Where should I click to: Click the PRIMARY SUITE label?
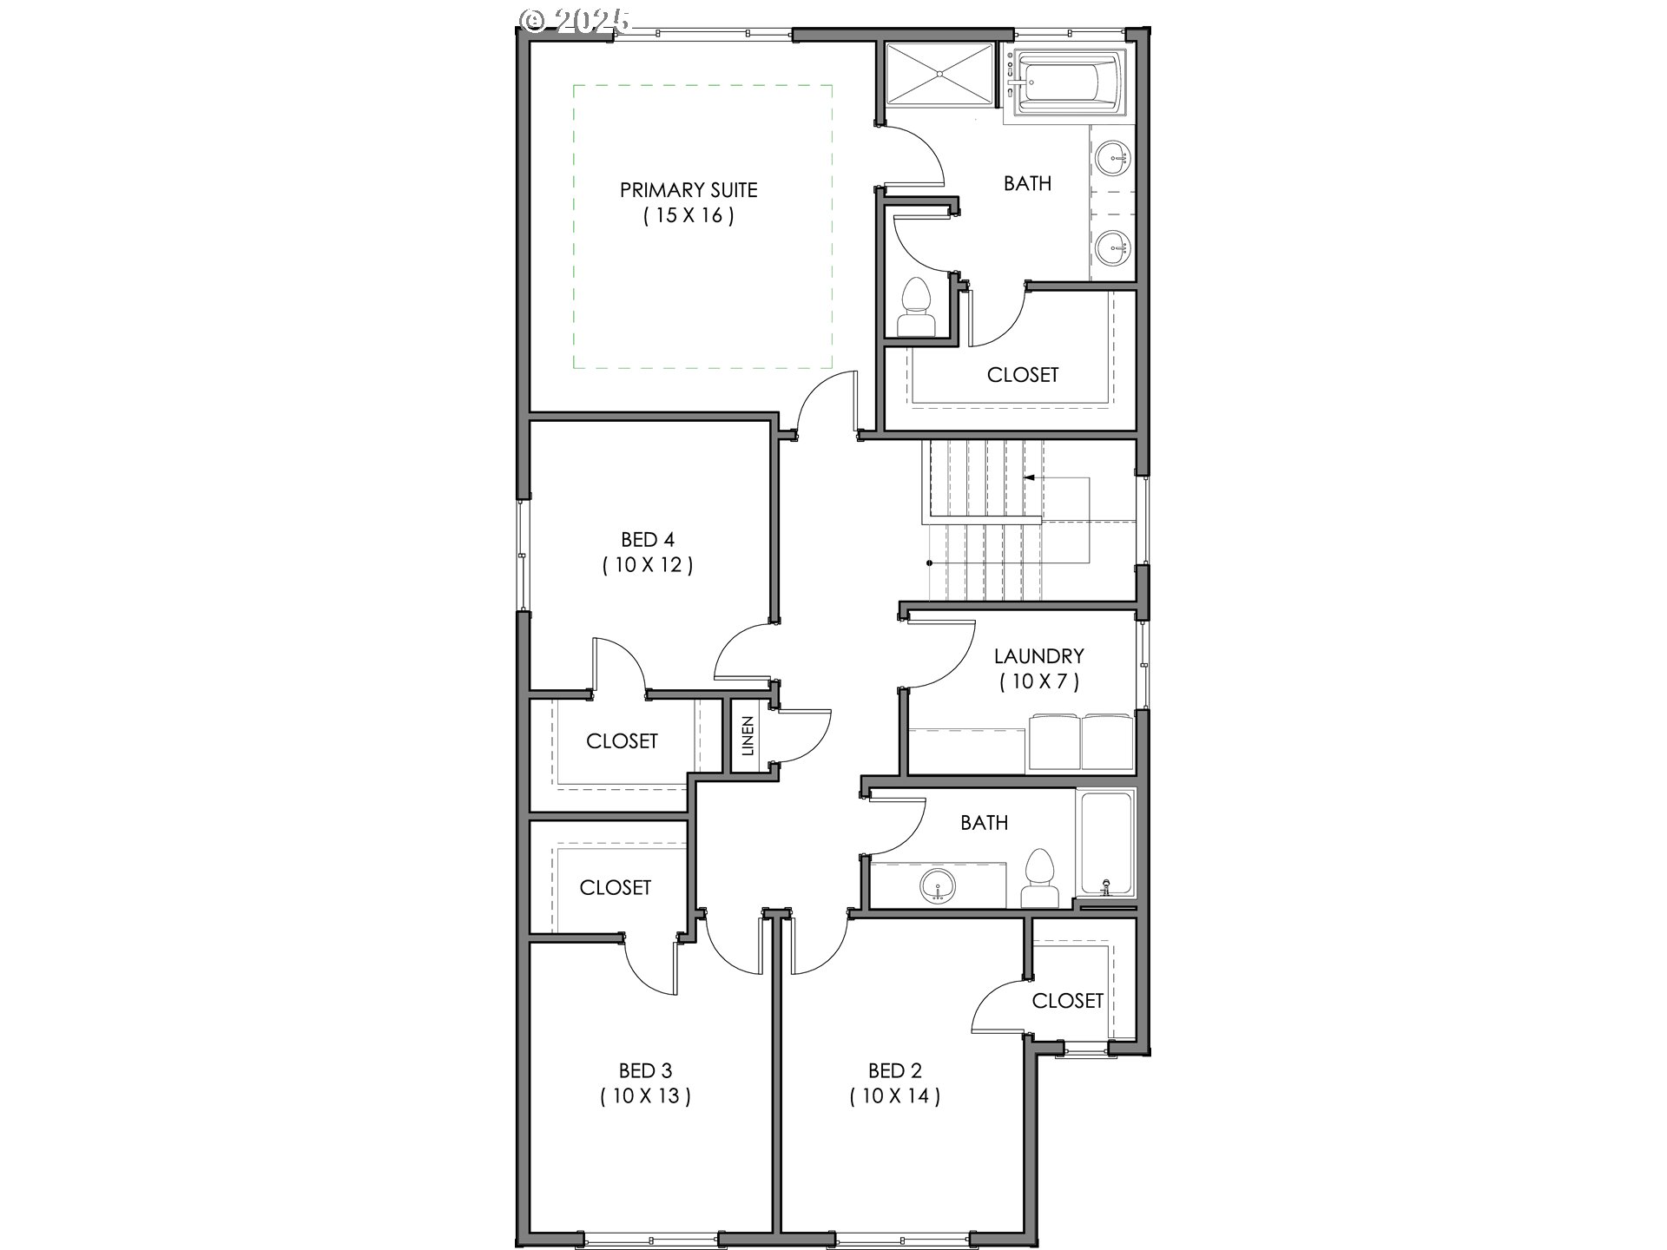tap(689, 190)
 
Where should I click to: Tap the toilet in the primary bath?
tap(916, 309)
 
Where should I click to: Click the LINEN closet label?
tap(748, 735)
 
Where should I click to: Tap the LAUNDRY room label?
tap(1038, 656)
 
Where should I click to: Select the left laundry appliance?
tap(1053, 743)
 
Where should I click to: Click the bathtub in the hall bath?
tap(1105, 842)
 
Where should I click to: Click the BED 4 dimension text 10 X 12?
tap(648, 565)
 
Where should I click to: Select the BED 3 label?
tap(645, 1071)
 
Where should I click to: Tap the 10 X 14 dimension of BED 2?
tap(894, 1096)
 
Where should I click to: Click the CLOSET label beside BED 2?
tap(1067, 1001)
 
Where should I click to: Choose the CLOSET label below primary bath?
tap(1022, 375)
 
